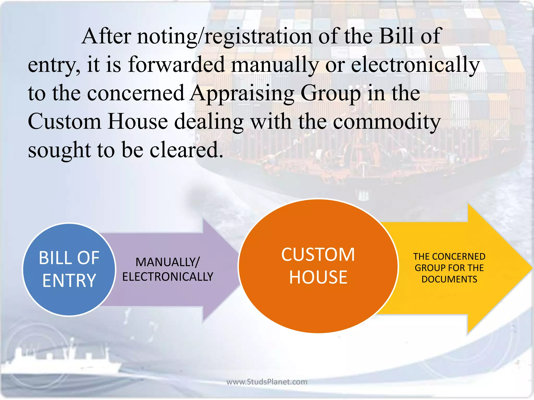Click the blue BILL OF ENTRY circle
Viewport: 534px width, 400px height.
point(69,270)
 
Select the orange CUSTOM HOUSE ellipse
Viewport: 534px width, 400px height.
point(318,266)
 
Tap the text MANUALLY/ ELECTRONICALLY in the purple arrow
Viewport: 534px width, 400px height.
point(168,269)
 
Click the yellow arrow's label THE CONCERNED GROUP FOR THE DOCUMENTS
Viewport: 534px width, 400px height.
point(449,268)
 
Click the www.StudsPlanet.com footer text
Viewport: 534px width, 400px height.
point(267,382)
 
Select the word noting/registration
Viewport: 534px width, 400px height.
point(224,36)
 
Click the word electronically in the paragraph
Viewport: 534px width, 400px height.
point(415,65)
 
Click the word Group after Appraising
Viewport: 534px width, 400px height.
point(331,94)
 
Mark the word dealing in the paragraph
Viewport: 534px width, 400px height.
point(209,122)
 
